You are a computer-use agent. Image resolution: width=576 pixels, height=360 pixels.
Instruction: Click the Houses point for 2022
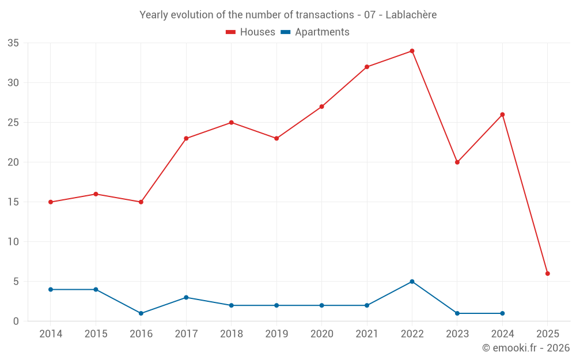412,51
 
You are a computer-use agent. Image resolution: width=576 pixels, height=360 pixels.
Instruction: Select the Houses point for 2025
547,274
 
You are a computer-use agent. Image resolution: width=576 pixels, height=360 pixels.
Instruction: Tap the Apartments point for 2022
412,282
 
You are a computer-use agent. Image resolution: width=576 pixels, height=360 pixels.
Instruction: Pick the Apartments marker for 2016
141,313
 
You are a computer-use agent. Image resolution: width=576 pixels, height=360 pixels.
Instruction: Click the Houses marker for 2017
186,138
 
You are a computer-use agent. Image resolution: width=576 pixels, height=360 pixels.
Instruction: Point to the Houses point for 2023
457,162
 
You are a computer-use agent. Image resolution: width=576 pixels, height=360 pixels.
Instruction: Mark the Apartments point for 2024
502,313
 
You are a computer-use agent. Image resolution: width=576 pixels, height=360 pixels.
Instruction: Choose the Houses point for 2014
51,202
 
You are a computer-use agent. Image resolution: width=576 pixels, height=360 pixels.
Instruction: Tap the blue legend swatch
285,32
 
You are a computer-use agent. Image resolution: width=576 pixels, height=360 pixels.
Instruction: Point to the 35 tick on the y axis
13,43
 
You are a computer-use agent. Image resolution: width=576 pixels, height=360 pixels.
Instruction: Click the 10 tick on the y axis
13,242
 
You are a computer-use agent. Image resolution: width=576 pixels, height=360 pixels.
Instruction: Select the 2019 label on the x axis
276,334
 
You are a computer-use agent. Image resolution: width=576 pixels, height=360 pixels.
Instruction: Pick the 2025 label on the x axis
547,334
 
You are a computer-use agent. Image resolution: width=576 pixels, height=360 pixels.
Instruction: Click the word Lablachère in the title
411,15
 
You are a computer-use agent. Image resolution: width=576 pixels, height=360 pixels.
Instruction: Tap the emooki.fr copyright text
526,348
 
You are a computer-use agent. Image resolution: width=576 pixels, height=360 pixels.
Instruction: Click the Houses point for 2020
321,107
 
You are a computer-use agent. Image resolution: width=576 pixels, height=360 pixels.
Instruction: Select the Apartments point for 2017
186,297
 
